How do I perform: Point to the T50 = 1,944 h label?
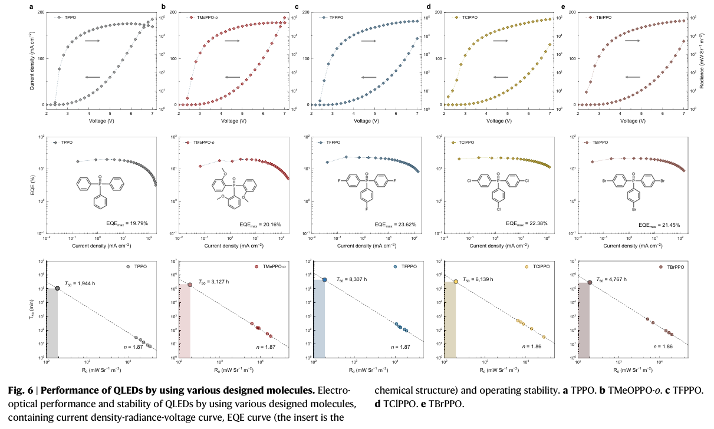[80, 283]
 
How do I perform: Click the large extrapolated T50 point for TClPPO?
[456, 282]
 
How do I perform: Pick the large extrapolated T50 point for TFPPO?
[324, 279]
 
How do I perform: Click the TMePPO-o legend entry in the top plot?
[203, 18]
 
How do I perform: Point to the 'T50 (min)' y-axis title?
[31, 309]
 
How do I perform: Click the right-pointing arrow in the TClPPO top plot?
[501, 41]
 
